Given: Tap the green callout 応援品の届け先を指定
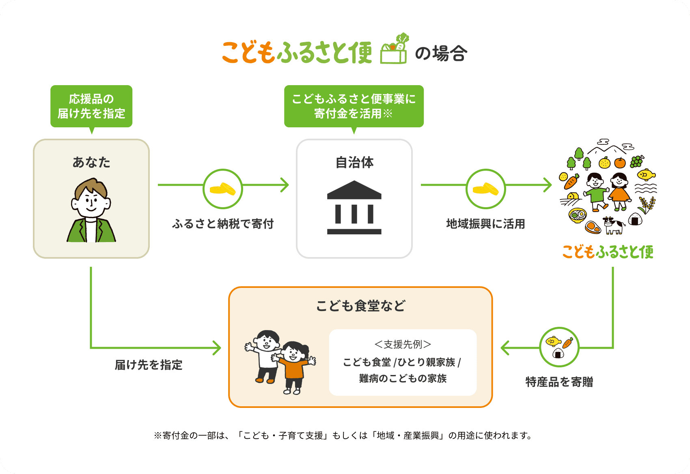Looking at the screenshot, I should tap(91, 106).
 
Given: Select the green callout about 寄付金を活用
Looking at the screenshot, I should tap(354, 106).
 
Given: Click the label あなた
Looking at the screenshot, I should tap(91, 162).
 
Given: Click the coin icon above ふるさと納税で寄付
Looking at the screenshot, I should tap(222, 189).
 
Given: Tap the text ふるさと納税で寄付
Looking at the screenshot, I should tap(223, 224).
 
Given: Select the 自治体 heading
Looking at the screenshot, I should tap(354, 162).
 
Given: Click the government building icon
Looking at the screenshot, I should tap(354, 208).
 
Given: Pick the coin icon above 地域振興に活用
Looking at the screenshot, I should tap(485, 189).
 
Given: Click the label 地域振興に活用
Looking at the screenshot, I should tap(485, 224).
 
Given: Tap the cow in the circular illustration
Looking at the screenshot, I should tap(613, 225).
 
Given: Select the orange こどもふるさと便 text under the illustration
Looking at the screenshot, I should tap(608, 252).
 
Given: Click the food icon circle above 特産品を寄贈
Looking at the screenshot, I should tap(559, 347).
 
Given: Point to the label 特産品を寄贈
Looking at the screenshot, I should tap(559, 382).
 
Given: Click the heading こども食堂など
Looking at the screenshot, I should tap(360, 306).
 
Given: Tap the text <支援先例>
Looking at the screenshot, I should tap(403, 345).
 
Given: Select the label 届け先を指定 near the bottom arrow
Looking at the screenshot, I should tap(149, 365).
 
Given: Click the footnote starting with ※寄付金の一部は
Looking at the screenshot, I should tap(343, 435).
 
